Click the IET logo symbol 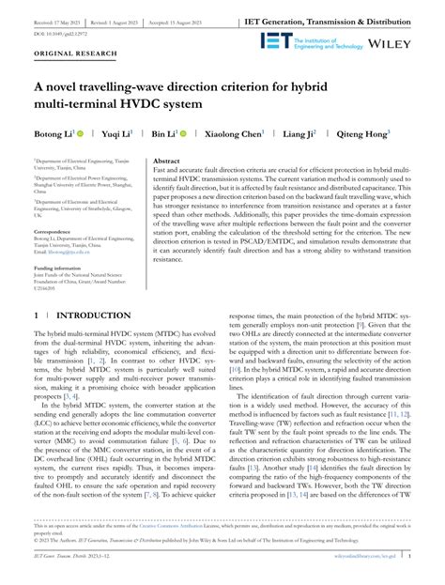(276, 41)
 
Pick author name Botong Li (60, 135)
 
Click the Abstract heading (166, 162)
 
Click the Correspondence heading (57, 229)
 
